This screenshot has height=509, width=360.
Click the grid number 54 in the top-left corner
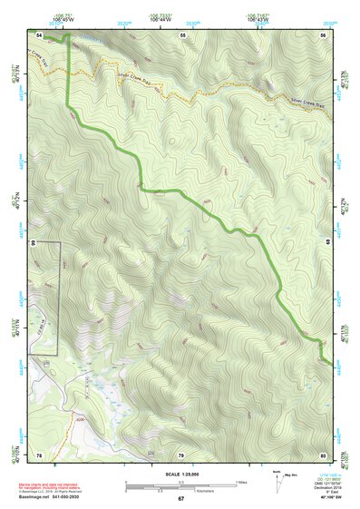coord(39,34)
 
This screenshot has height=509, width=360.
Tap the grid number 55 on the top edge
coord(182,34)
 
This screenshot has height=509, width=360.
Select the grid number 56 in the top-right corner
coord(323,34)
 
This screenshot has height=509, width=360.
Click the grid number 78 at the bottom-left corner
coord(39,454)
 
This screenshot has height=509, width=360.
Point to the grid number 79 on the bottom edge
coord(180,454)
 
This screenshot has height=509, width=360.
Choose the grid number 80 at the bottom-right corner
coord(323,454)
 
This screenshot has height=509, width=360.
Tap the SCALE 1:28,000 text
coord(180,475)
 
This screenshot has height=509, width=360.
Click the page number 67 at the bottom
coord(180,499)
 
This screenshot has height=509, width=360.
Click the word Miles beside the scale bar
coord(242,481)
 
